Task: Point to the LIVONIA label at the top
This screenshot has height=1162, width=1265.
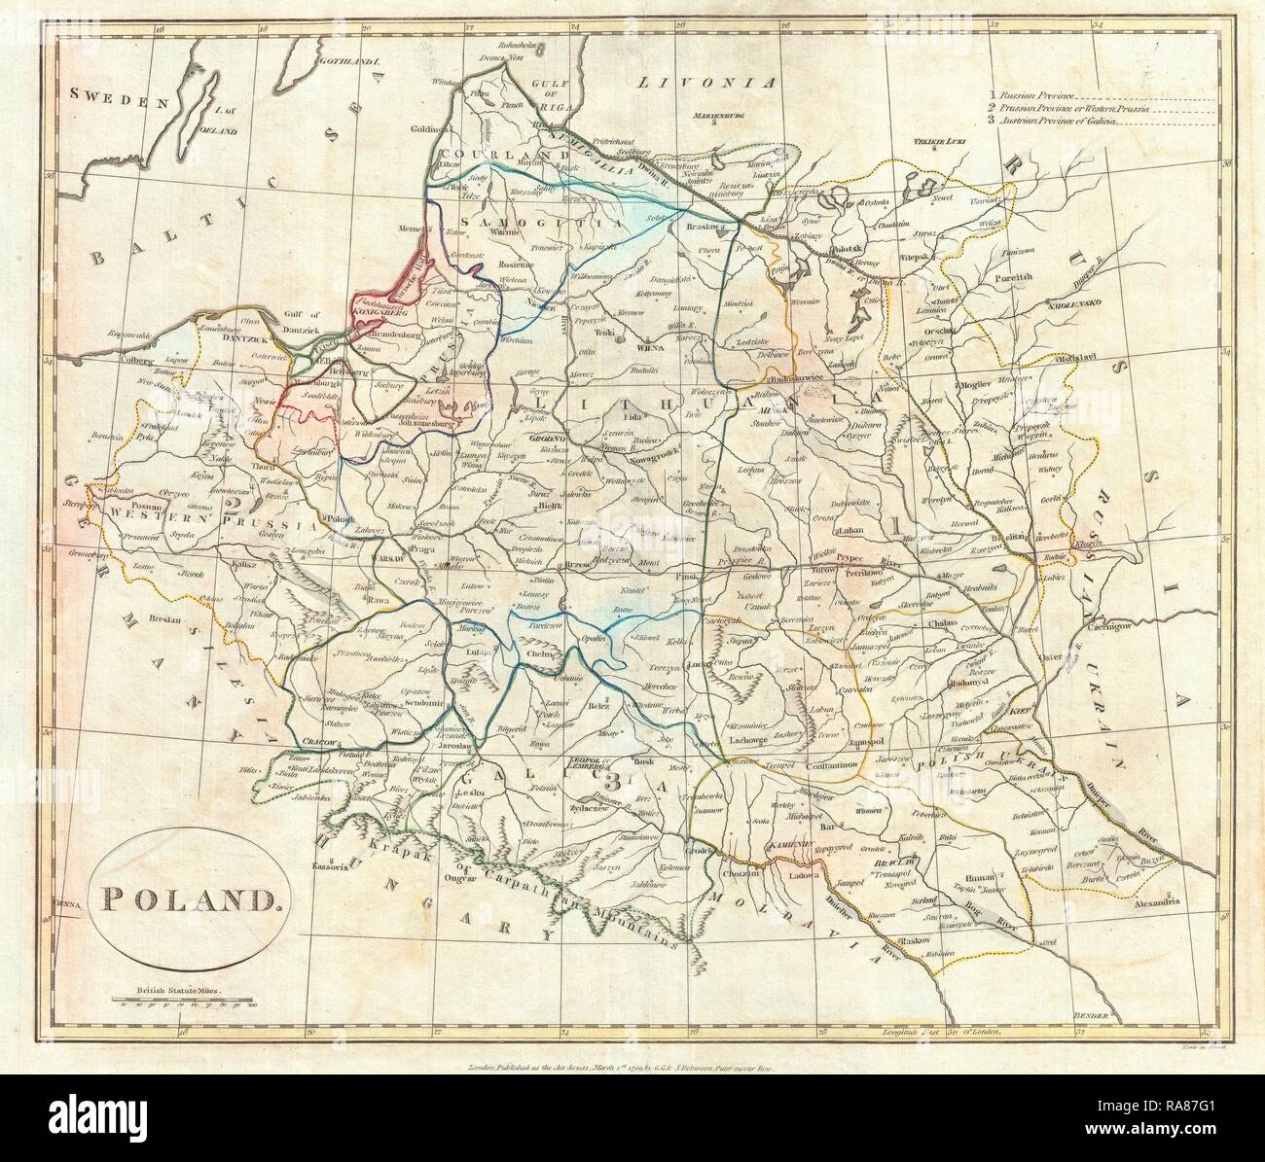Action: [710, 83]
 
